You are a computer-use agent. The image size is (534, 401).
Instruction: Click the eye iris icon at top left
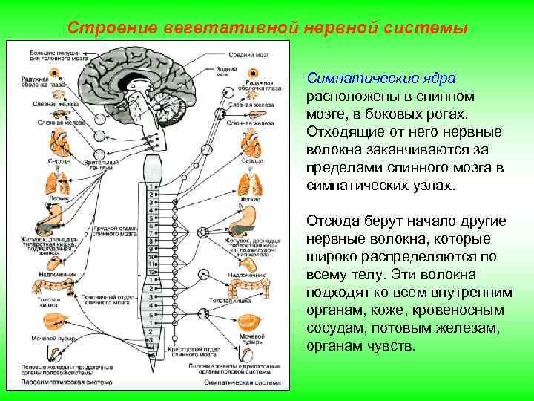pos(55,75)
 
